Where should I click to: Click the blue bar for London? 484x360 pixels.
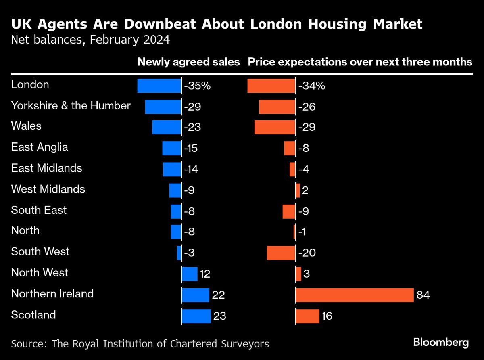[159, 86]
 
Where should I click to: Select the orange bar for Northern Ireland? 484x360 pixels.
[355, 295]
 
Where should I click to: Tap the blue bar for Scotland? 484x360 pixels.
[196, 316]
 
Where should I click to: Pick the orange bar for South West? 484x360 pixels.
[281, 253]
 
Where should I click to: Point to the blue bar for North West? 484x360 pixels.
[190, 274]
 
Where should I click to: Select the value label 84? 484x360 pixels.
[423, 295]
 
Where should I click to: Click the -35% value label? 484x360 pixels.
[197, 86]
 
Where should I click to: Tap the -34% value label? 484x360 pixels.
[311, 86]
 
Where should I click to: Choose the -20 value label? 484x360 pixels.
[307, 253]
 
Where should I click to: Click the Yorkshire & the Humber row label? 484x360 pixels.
[71, 106]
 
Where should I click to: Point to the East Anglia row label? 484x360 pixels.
[40, 147]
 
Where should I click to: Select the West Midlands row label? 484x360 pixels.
[48, 189]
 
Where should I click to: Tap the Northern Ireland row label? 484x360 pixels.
[52, 293]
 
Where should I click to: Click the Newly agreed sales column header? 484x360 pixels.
[188, 62]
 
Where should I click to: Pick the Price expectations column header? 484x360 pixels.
[360, 62]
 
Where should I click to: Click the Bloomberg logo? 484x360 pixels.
[441, 343]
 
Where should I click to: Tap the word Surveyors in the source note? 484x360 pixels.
[246, 344]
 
